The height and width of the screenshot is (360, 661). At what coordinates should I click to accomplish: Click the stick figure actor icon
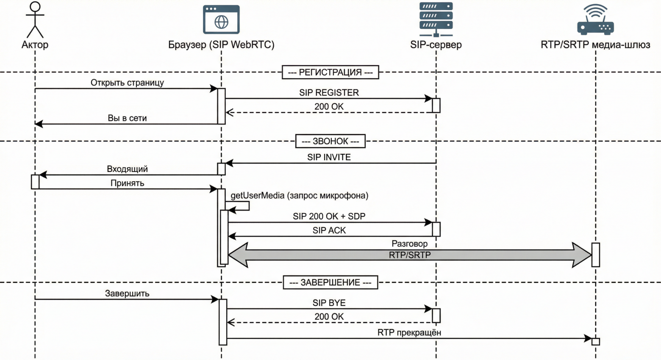[35, 19]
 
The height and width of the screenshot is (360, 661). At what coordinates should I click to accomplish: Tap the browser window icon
[221, 19]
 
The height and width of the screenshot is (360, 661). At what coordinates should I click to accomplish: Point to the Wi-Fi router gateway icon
[595, 19]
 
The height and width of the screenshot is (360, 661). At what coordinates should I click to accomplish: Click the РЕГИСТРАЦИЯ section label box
[330, 72]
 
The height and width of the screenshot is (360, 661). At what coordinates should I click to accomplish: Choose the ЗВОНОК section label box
[330, 141]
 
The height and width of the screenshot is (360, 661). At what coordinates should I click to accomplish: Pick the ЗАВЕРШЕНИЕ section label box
[330, 282]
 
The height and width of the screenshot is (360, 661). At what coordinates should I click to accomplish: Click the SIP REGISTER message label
[329, 93]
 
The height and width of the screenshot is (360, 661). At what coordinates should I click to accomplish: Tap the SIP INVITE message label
[329, 157]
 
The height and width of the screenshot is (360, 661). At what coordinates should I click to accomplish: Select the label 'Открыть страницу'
[127, 83]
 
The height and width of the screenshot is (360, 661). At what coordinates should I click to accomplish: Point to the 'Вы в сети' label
[127, 118]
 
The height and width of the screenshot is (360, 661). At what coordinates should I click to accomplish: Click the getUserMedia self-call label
[299, 196]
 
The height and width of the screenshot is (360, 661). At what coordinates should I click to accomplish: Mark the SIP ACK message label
[329, 230]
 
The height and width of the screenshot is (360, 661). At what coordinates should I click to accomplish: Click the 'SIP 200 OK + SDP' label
[329, 216]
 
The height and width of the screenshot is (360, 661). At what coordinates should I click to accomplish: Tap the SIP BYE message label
[329, 303]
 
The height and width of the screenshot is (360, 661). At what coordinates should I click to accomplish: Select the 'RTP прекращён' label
[409, 332]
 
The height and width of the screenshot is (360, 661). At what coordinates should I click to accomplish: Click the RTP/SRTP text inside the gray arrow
[409, 255]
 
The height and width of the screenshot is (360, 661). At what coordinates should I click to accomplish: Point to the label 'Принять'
[127, 183]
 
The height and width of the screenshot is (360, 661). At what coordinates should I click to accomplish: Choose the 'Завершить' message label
[127, 294]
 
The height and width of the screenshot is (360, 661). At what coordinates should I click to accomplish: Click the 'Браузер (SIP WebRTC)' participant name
[221, 44]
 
